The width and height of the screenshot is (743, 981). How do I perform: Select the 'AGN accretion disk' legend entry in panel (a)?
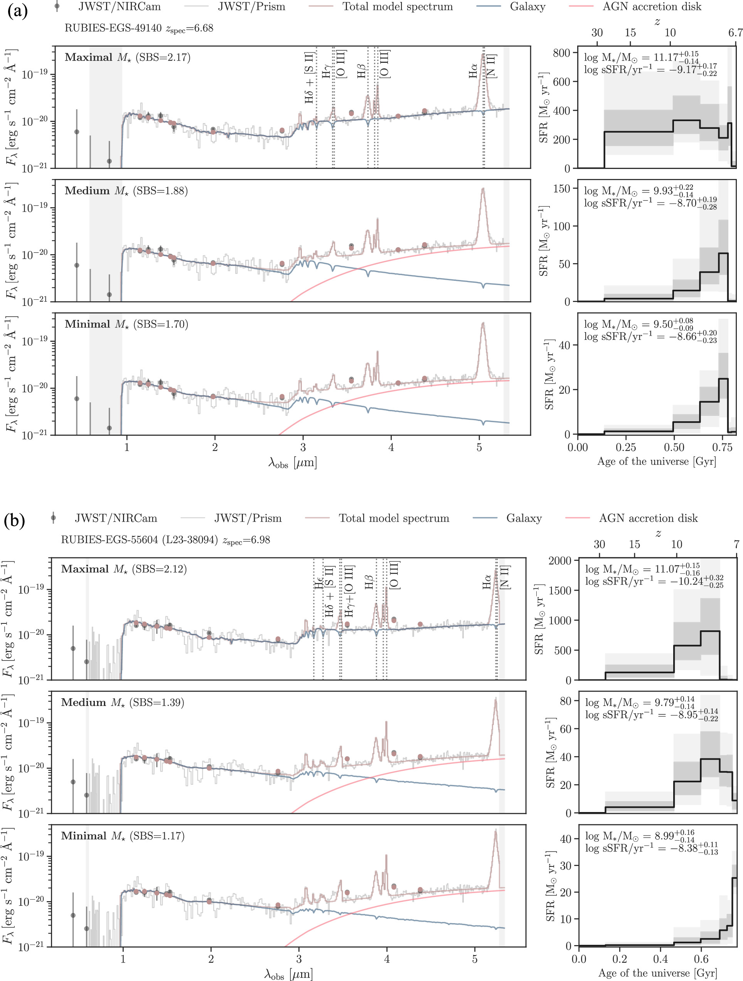point(652,7)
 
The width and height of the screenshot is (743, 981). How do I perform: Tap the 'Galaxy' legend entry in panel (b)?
point(524,518)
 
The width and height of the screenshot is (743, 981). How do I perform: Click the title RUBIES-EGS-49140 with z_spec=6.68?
point(139,29)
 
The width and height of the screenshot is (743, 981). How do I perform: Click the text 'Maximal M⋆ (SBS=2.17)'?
point(127,57)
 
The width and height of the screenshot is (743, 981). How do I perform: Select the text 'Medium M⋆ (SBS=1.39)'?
point(122,702)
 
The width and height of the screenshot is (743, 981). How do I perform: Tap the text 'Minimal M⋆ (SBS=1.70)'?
point(126,324)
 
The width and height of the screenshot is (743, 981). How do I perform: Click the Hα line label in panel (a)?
point(473,70)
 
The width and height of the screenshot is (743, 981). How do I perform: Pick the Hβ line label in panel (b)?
point(369,581)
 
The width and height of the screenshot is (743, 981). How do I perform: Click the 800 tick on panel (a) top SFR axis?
point(561,53)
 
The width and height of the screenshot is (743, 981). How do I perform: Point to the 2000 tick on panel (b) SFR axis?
point(560,561)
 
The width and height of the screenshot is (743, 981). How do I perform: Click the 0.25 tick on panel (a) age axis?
point(626,447)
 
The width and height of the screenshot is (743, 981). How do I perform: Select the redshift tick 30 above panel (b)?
point(599,544)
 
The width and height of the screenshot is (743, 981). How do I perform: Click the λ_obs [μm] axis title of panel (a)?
point(292,463)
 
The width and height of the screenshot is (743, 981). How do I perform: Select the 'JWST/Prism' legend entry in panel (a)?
point(251,7)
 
